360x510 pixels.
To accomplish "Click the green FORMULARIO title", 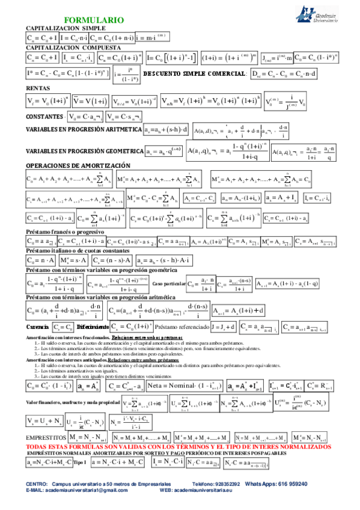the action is pyautogui.click(x=94, y=20).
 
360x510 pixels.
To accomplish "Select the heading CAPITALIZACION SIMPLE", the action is pyautogui.click(x=66, y=28).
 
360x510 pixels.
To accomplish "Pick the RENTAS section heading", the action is pyautogui.click(x=38, y=88).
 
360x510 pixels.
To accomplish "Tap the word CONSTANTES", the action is pyautogui.click(x=46, y=115).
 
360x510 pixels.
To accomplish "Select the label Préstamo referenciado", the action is pyautogui.click(x=181, y=327).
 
